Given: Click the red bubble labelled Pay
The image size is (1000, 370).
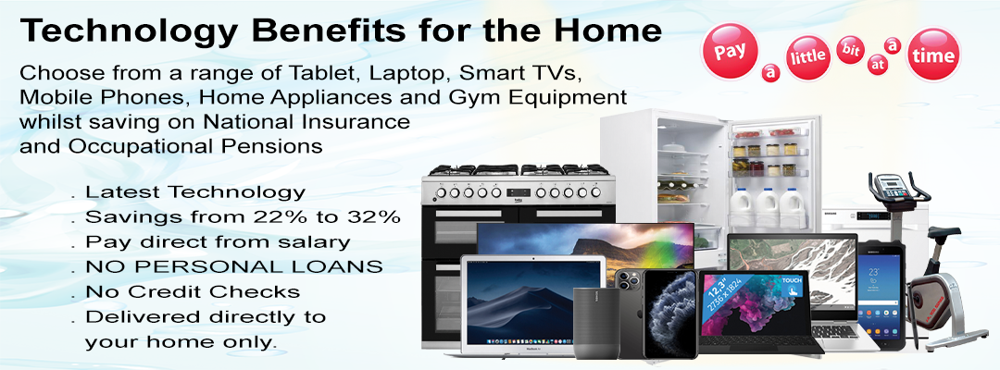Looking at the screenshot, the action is tap(729, 52).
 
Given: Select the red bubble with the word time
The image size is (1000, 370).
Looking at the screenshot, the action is tap(933, 55).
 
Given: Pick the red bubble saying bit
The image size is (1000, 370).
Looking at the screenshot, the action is tap(850, 50).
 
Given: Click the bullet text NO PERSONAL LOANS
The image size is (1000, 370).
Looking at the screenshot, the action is tap(234, 266).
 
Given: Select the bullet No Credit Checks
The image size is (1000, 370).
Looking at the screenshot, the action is tap(193, 291).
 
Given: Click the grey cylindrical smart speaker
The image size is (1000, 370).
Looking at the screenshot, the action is tap(595, 323).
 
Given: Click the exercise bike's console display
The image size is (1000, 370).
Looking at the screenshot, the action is tap(892, 187).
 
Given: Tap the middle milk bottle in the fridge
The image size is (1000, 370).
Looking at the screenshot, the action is tap(767, 207).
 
